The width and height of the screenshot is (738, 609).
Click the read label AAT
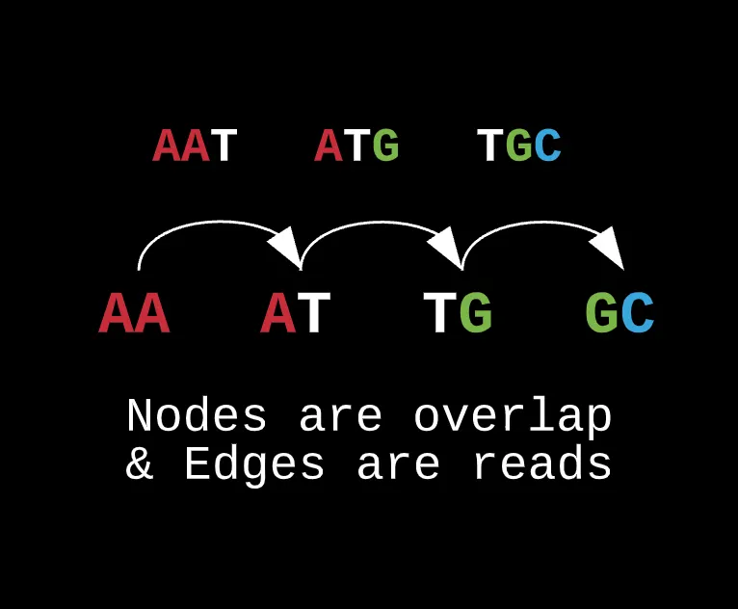coord(195,146)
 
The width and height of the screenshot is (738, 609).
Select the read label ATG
coord(356,146)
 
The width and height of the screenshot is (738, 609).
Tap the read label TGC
coord(519,146)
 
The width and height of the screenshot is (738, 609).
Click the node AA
coord(134,313)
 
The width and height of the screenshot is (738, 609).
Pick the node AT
coord(296,313)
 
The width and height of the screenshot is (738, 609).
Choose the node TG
coord(458,313)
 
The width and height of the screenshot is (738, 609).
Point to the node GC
coord(619,313)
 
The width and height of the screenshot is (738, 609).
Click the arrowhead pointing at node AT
coord(286,247)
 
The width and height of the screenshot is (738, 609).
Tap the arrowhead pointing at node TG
coord(447,247)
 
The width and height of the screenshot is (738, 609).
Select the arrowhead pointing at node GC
coord(609,247)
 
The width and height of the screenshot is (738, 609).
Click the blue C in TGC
coord(548,146)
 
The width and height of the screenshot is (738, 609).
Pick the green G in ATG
coord(386,146)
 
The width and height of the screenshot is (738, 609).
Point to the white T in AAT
coord(224,146)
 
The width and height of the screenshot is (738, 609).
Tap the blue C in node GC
coord(638,313)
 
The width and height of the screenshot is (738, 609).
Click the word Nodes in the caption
coord(197,415)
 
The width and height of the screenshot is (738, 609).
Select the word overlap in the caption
coord(513,416)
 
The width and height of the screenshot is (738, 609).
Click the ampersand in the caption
coord(140,464)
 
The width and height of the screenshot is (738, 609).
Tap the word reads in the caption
coord(542,463)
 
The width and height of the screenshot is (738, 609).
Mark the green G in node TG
coord(476,313)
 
